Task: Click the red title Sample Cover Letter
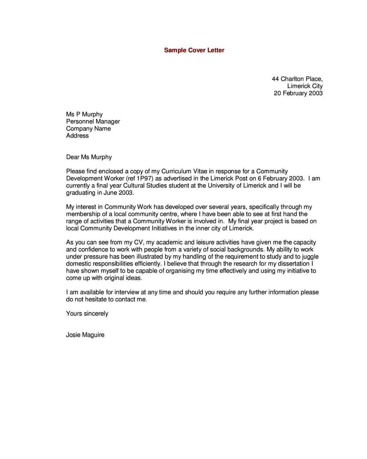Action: (x=194, y=50)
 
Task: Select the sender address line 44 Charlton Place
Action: (x=297, y=79)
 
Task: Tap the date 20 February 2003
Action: (x=298, y=93)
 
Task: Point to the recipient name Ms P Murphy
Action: (x=84, y=114)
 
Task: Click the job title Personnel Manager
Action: (x=93, y=121)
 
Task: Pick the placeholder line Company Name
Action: (x=88, y=129)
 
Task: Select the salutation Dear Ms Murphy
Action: (x=89, y=157)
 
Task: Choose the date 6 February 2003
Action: (x=281, y=178)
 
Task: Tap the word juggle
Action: (x=310, y=257)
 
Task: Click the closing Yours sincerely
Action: (x=87, y=314)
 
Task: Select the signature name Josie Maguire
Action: (x=85, y=335)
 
